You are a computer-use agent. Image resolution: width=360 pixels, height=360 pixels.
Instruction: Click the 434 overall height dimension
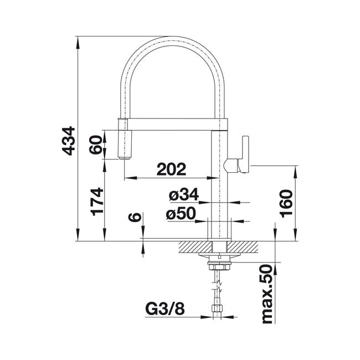pos(69,141)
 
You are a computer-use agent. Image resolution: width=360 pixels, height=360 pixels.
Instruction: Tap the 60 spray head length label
pos(95,145)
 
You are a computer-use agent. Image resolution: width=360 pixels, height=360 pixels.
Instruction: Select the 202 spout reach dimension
pos(171,169)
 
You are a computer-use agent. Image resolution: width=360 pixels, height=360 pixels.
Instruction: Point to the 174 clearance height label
pos(97,202)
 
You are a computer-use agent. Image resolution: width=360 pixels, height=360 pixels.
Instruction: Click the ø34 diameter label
pos(184,194)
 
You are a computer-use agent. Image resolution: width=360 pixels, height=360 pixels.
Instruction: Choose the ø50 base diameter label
pos(181,213)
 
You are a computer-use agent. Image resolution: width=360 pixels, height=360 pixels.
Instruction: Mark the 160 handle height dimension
pos(286,203)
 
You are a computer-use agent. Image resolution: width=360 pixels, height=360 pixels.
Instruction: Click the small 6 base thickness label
pos(135,217)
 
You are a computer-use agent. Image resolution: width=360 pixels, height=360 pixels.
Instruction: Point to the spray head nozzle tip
pos(125,157)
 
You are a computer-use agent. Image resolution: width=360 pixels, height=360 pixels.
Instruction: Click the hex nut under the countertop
pos(218,268)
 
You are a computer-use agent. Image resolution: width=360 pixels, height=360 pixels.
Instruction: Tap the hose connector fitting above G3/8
pos(218,308)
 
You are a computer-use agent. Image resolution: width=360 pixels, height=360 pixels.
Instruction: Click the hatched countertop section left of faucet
pos(196,247)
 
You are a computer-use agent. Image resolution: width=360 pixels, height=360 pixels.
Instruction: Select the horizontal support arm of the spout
pos(173,125)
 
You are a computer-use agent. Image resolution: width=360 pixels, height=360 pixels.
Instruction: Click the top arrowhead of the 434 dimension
pos(78,43)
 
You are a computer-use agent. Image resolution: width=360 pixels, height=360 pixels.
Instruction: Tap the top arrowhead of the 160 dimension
pos(296,172)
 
